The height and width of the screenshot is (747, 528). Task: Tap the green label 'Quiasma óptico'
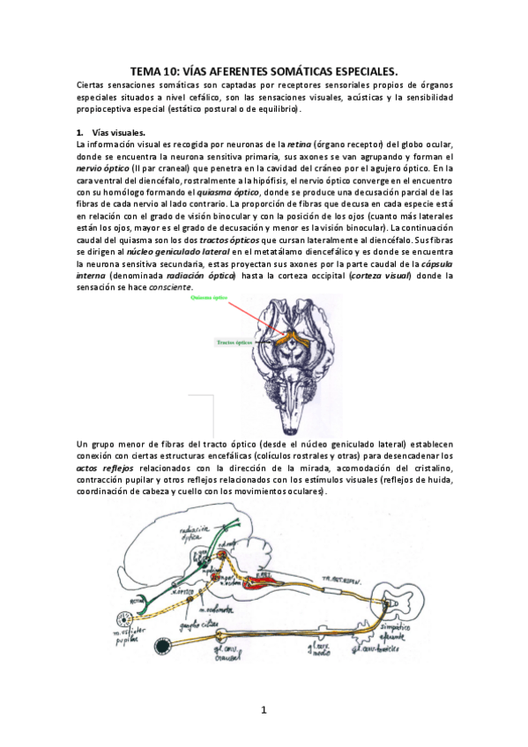coord(207,299)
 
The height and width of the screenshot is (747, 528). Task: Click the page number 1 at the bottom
coord(264,711)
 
